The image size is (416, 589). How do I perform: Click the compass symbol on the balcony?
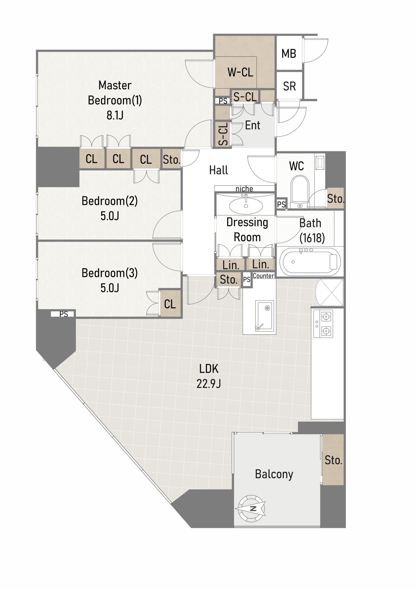pos(251,508)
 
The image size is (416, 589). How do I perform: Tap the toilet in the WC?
pos(300,191)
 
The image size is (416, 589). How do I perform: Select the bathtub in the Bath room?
pos(310,262)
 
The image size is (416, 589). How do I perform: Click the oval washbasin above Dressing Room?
pos(246,205)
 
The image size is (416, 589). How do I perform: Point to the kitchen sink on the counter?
pos(264,315)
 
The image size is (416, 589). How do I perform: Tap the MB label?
pos(289,54)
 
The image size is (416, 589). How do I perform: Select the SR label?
pos(289,86)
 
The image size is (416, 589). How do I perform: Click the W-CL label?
pos(240,72)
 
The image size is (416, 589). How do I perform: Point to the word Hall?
pos(218,170)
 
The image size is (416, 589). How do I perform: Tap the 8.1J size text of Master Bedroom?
pos(115,115)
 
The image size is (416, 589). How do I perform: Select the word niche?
pos(244,189)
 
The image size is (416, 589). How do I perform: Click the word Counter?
pos(263,276)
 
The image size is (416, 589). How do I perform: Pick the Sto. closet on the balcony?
pos(333,459)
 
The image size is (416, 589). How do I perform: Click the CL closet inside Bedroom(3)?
pos(170,303)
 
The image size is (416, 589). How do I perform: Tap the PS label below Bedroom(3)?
pos(63,314)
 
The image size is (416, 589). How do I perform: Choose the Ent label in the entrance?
pos(253,125)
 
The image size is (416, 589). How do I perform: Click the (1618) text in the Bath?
pos(312,238)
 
